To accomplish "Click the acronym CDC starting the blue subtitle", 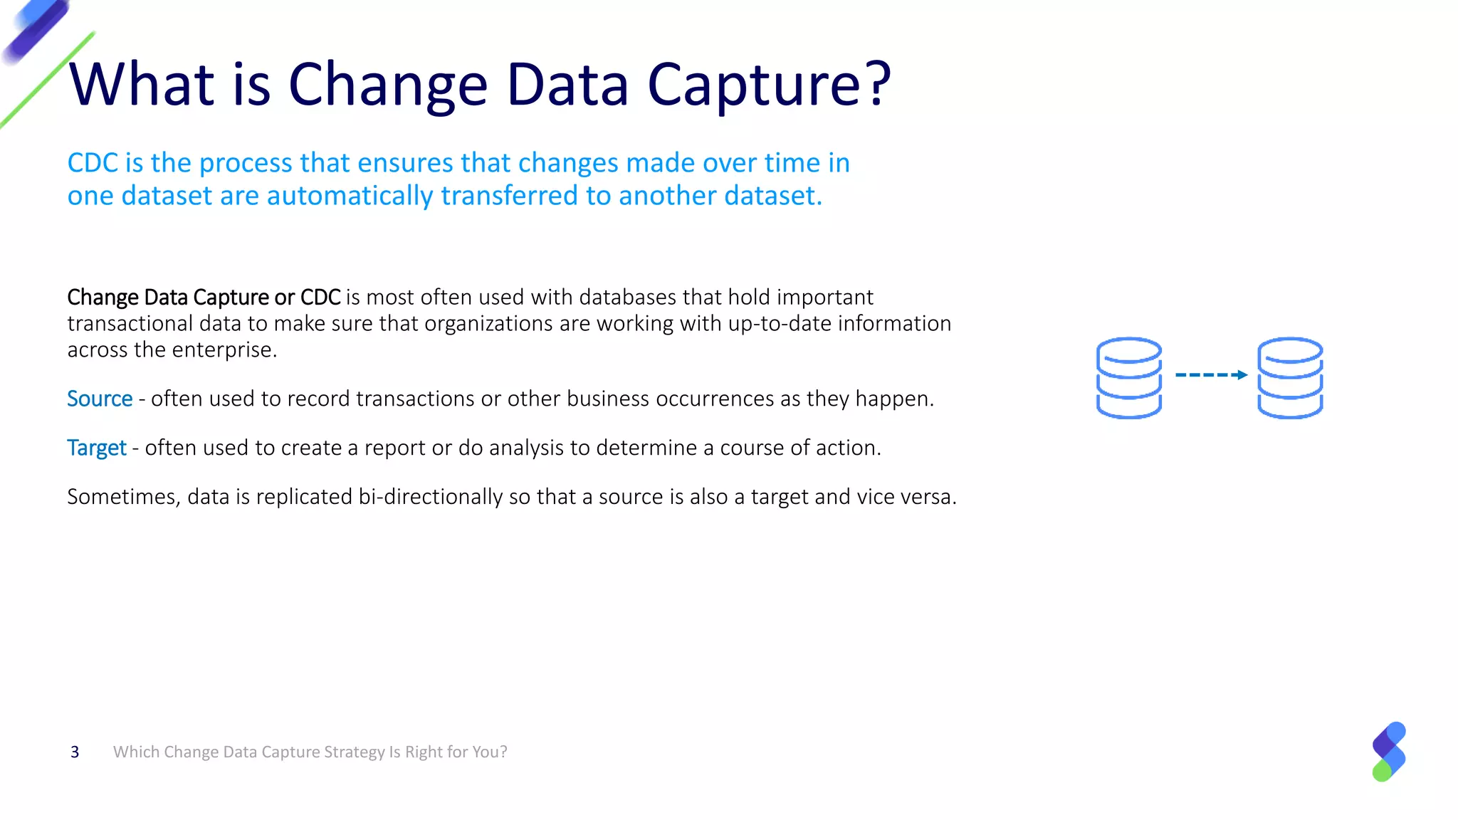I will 93,163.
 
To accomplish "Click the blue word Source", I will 100,399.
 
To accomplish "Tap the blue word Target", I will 96,448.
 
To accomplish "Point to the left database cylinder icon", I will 1129,377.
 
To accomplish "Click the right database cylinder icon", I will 1290,377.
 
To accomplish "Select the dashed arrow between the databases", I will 1210,374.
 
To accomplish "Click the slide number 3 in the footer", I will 75,752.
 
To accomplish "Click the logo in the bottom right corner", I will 1389,752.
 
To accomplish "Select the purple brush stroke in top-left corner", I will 36,30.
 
